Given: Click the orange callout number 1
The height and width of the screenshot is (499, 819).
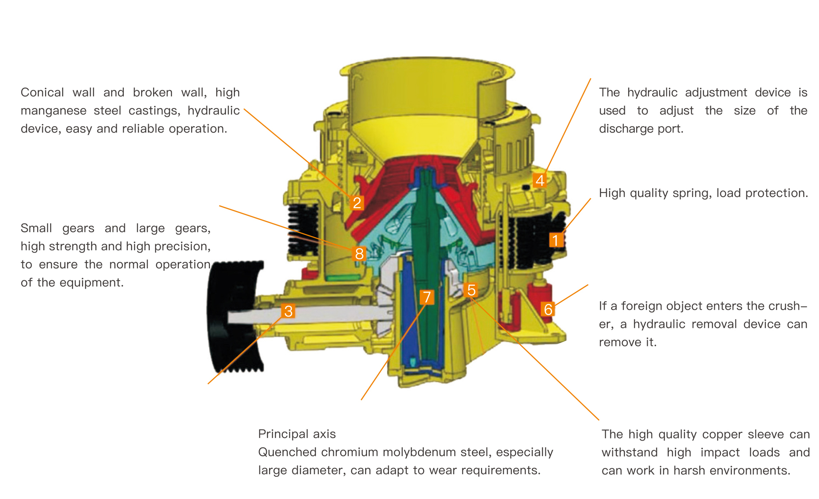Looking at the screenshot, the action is (x=555, y=240).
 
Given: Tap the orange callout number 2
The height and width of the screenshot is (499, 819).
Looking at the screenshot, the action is (x=357, y=203).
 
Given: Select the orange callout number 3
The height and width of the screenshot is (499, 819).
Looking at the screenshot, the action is (x=288, y=311).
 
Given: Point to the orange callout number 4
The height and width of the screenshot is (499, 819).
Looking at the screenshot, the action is (x=540, y=180).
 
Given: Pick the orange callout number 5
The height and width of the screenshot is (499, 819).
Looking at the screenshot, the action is (x=471, y=290).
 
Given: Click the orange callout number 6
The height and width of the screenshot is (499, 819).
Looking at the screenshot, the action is (x=548, y=309).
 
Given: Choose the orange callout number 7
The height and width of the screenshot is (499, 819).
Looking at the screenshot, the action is (x=427, y=297).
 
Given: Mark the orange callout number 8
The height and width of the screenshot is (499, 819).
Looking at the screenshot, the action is (x=359, y=253).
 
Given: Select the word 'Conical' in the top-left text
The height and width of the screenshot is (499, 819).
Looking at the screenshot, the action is (x=42, y=92).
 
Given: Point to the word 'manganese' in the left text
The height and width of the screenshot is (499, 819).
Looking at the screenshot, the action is (x=53, y=111).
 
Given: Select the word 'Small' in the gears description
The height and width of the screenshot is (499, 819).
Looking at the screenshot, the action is (x=36, y=228).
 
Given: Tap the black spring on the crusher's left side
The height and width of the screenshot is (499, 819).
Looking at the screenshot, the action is (x=303, y=230).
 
